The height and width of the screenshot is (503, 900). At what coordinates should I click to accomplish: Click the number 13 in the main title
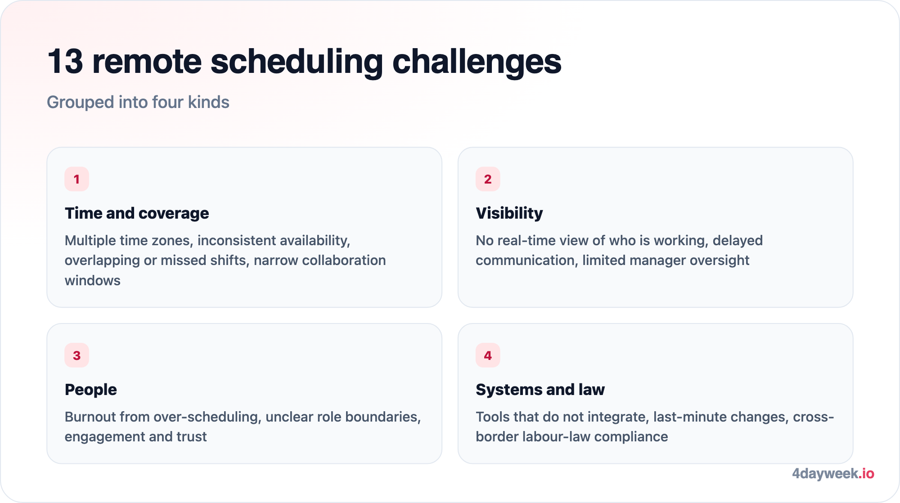click(x=66, y=62)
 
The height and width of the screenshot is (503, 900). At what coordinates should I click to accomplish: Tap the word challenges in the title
click(x=477, y=63)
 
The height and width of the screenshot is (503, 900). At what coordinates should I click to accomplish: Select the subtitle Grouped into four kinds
click(x=138, y=102)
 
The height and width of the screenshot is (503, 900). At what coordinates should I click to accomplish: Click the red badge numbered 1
click(x=76, y=179)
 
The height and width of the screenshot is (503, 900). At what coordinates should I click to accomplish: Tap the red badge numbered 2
click(x=488, y=179)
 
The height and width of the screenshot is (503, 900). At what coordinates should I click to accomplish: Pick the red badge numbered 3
click(x=76, y=355)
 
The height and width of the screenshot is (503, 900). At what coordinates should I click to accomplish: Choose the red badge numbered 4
click(x=488, y=355)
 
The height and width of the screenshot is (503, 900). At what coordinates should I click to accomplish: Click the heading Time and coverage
click(x=137, y=213)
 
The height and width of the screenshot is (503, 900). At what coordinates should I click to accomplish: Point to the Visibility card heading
click(x=509, y=213)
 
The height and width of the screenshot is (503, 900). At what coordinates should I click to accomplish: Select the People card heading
click(x=91, y=389)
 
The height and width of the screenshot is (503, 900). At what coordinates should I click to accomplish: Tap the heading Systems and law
click(x=540, y=389)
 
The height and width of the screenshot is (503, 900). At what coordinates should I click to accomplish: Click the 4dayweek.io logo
click(x=833, y=473)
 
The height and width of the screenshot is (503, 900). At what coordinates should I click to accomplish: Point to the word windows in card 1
click(x=93, y=280)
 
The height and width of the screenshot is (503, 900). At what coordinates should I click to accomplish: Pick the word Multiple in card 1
click(x=90, y=241)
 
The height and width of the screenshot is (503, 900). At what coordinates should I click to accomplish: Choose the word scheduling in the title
click(x=297, y=63)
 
